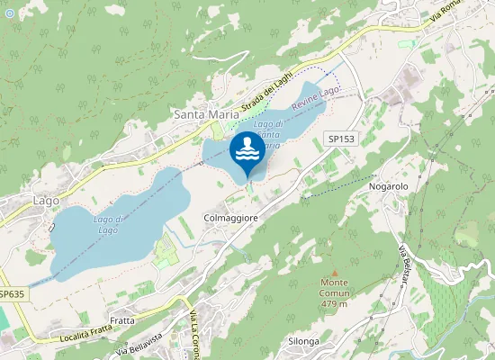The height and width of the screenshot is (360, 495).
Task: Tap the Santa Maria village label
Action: tap(205, 115)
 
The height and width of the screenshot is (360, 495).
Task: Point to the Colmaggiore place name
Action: tap(231, 218)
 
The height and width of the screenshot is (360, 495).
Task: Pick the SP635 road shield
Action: tap(12, 294)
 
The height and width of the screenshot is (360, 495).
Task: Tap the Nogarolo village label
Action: tap(389, 186)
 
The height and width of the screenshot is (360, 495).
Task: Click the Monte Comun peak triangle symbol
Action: tap(334, 272)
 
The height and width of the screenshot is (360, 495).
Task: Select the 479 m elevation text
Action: tap(334, 303)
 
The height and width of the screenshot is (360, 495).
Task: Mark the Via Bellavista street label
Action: tap(144, 346)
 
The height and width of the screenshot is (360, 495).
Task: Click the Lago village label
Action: tap(45, 200)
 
